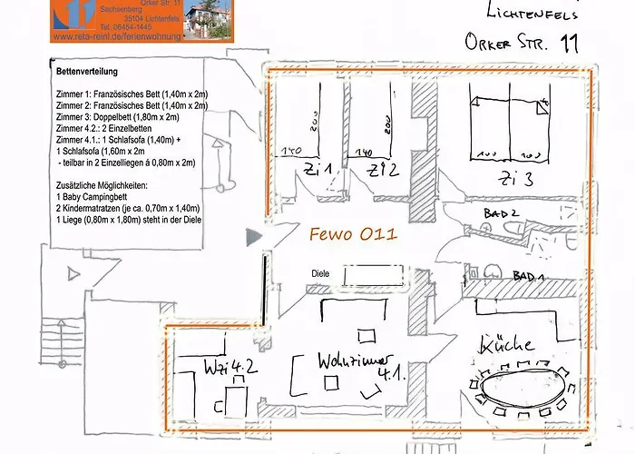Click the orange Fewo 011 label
352,234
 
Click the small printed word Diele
319,272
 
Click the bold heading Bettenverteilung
92,71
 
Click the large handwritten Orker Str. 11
520,42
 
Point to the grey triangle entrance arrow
254,237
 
